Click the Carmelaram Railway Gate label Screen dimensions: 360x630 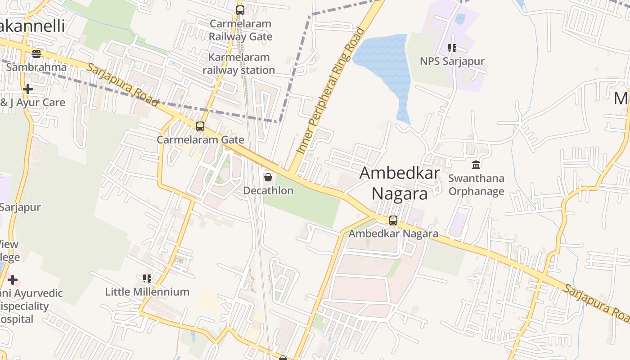point(240,30)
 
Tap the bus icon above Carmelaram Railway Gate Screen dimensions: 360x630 point(240,10)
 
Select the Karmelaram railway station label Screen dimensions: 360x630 point(238,64)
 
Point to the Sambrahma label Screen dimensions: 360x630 point(36,67)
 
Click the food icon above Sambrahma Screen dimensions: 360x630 point(36,54)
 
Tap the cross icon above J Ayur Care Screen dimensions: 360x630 point(28,89)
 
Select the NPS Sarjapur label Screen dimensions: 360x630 point(452,61)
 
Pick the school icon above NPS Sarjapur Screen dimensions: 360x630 point(452,48)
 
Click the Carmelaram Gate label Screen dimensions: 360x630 point(200,140)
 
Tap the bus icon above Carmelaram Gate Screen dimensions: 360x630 point(200,126)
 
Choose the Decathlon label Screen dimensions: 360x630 point(268,191)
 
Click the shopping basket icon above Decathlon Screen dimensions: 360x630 point(268,177)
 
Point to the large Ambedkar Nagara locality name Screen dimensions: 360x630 point(400,183)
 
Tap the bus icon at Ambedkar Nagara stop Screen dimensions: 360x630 point(393,220)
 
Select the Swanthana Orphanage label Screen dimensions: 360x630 point(476,185)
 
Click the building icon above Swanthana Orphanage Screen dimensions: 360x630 point(476,165)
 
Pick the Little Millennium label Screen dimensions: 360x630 point(147,292)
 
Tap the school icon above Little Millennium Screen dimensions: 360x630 point(147,279)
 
